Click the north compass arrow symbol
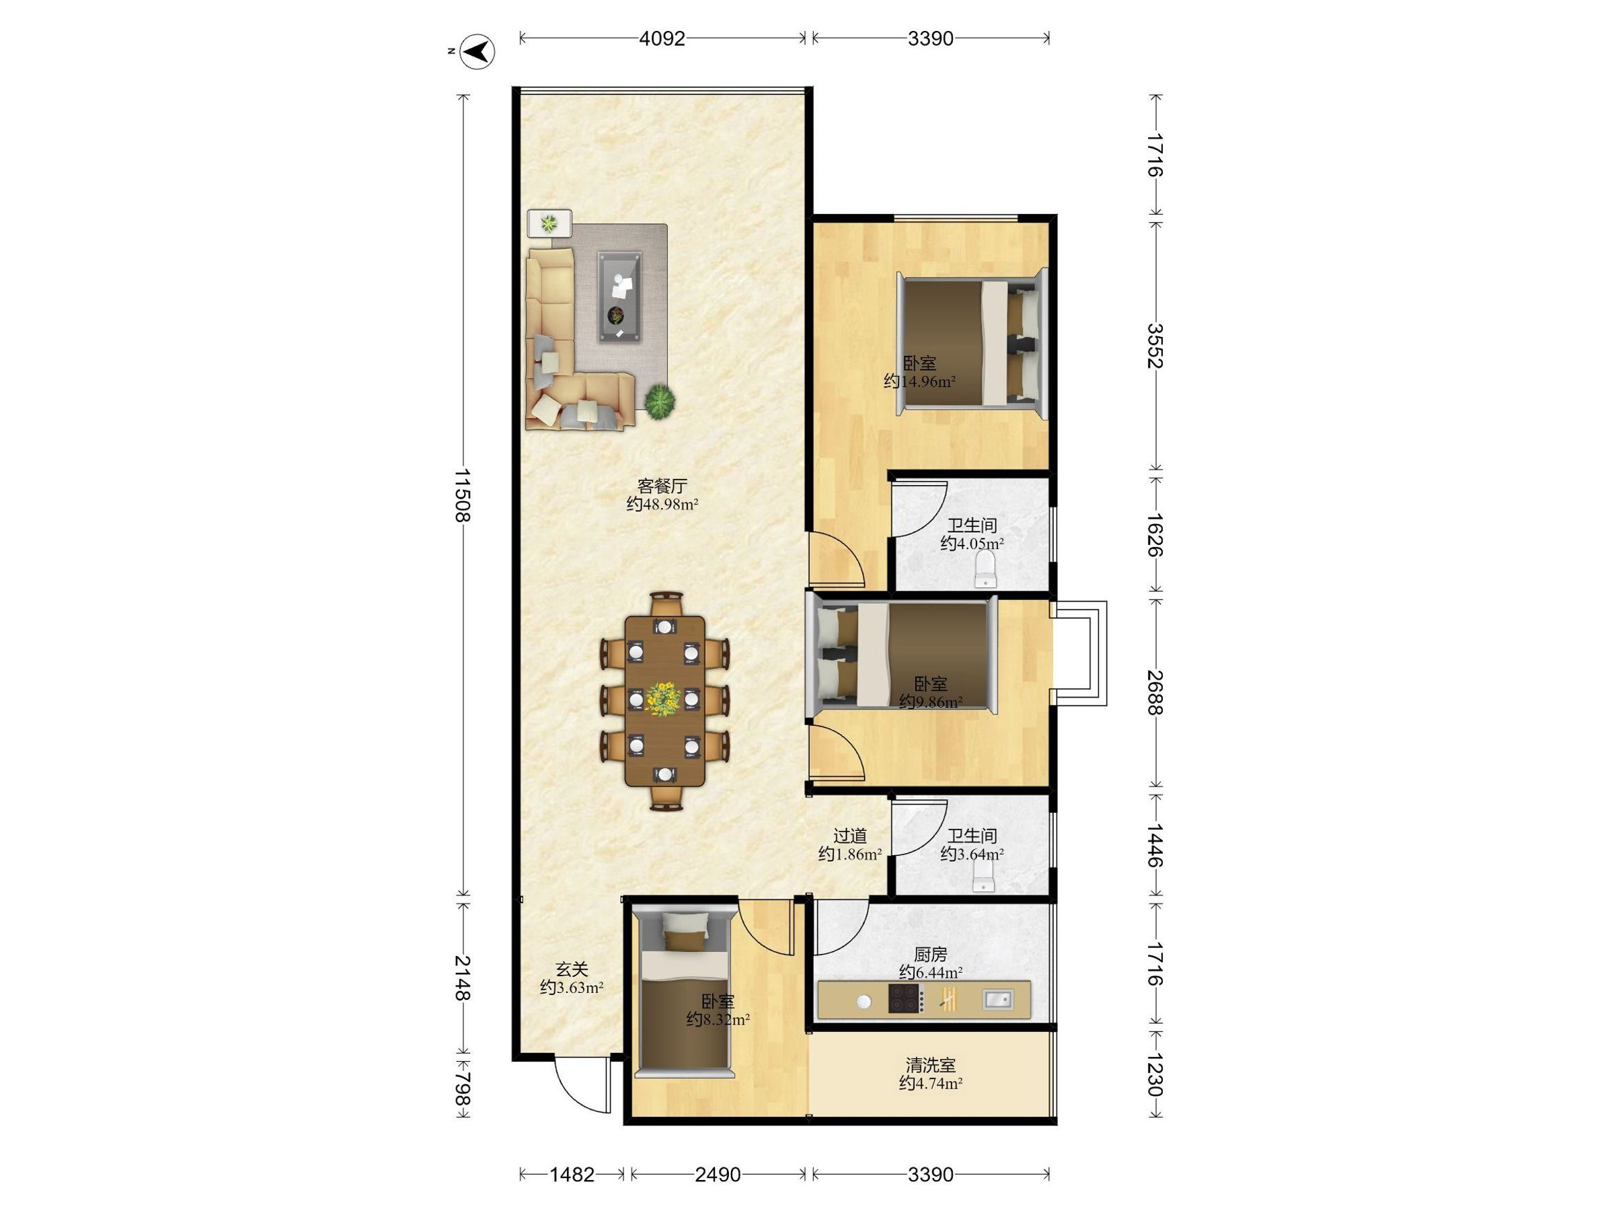pos(479,52)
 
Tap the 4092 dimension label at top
pos(662,39)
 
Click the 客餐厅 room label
pos(662,486)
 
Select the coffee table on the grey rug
pos(619,297)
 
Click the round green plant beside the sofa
pos(660,401)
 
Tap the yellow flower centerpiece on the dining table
pos(663,698)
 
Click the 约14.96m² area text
pos(919,381)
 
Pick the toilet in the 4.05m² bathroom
pos(986,568)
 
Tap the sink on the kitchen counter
pos(997,998)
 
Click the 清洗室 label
pos(930,1066)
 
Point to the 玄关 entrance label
pos(572,969)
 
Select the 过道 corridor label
pos(850,836)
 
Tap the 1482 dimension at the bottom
pos(572,1175)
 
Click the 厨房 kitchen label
pos(930,954)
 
